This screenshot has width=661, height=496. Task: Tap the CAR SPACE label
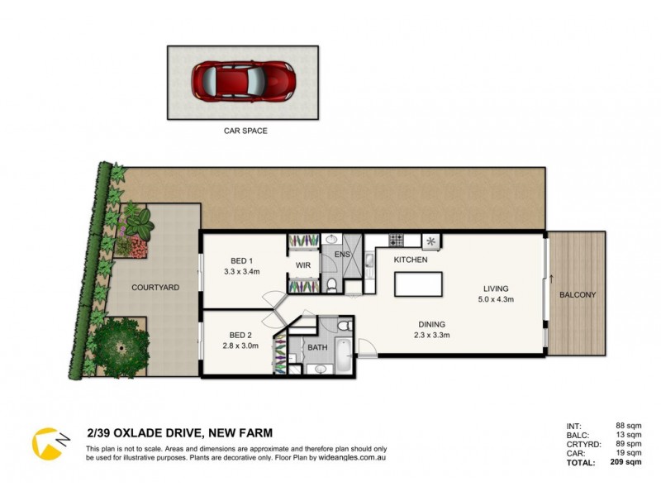(245, 131)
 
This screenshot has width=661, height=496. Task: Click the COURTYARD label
(155, 288)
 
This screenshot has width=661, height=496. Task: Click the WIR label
(302, 265)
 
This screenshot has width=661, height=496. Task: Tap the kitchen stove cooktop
(395, 241)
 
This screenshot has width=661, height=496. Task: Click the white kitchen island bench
(418, 284)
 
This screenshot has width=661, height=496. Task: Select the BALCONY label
(578, 295)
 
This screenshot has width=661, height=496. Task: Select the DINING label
(431, 324)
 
